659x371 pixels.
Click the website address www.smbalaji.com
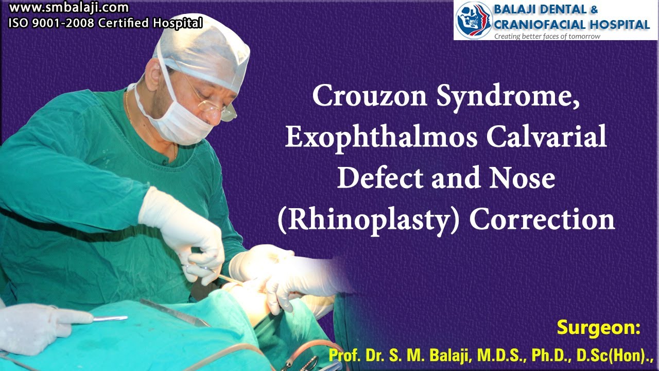click(x=68, y=8)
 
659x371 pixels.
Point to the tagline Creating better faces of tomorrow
click(x=547, y=36)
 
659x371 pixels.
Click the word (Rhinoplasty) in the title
click(x=369, y=220)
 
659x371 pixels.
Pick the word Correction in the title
click(x=542, y=220)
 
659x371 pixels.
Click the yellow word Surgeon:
click(x=598, y=328)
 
